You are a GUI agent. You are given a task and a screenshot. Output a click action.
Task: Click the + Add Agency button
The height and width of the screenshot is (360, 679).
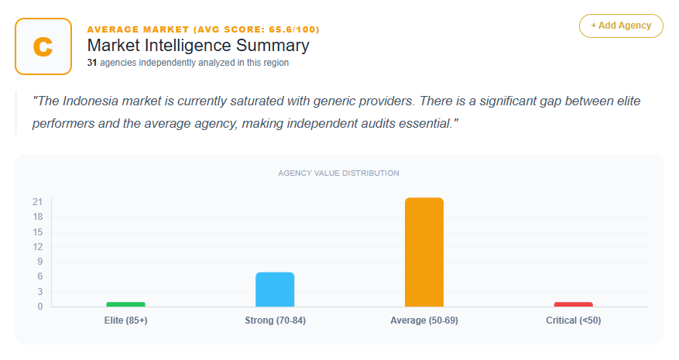pos(621,26)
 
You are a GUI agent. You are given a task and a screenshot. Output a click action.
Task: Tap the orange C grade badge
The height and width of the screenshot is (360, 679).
pos(43,46)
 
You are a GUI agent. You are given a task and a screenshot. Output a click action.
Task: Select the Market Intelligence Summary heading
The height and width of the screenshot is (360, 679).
pos(198,46)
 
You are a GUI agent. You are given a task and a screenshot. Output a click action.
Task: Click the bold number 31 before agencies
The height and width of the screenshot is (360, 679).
pos(92,63)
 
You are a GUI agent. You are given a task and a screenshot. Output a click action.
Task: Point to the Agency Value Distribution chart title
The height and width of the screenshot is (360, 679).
pos(339,173)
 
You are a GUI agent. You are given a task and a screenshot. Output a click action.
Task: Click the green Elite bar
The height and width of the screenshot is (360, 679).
pos(125,303)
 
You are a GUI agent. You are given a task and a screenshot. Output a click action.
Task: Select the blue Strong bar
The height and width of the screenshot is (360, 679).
pos(275,289)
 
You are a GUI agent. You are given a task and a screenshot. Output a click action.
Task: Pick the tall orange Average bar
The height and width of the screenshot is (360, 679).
pos(424,252)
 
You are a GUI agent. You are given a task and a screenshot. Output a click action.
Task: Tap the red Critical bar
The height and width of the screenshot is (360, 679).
pos(574,303)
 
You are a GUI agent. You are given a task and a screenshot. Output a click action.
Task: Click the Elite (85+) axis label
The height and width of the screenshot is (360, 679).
pos(125,321)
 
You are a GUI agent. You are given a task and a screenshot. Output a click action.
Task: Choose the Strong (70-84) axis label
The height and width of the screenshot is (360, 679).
pos(275,321)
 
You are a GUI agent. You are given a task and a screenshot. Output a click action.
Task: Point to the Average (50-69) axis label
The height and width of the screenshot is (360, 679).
pos(424,321)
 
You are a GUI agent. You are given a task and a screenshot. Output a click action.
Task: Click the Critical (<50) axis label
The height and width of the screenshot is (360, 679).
pos(574,321)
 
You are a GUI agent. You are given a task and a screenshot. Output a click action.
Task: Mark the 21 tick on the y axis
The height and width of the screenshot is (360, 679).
pos(37,202)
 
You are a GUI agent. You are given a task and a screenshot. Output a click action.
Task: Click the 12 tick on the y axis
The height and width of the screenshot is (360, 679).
pos(37,247)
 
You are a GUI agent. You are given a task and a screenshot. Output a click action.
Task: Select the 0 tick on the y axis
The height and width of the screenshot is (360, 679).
pos(39,307)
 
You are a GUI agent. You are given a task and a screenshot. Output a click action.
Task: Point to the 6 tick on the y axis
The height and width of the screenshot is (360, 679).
pos(39,276)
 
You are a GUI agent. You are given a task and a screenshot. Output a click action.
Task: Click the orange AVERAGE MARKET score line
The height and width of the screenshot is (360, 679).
pos(203,29)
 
